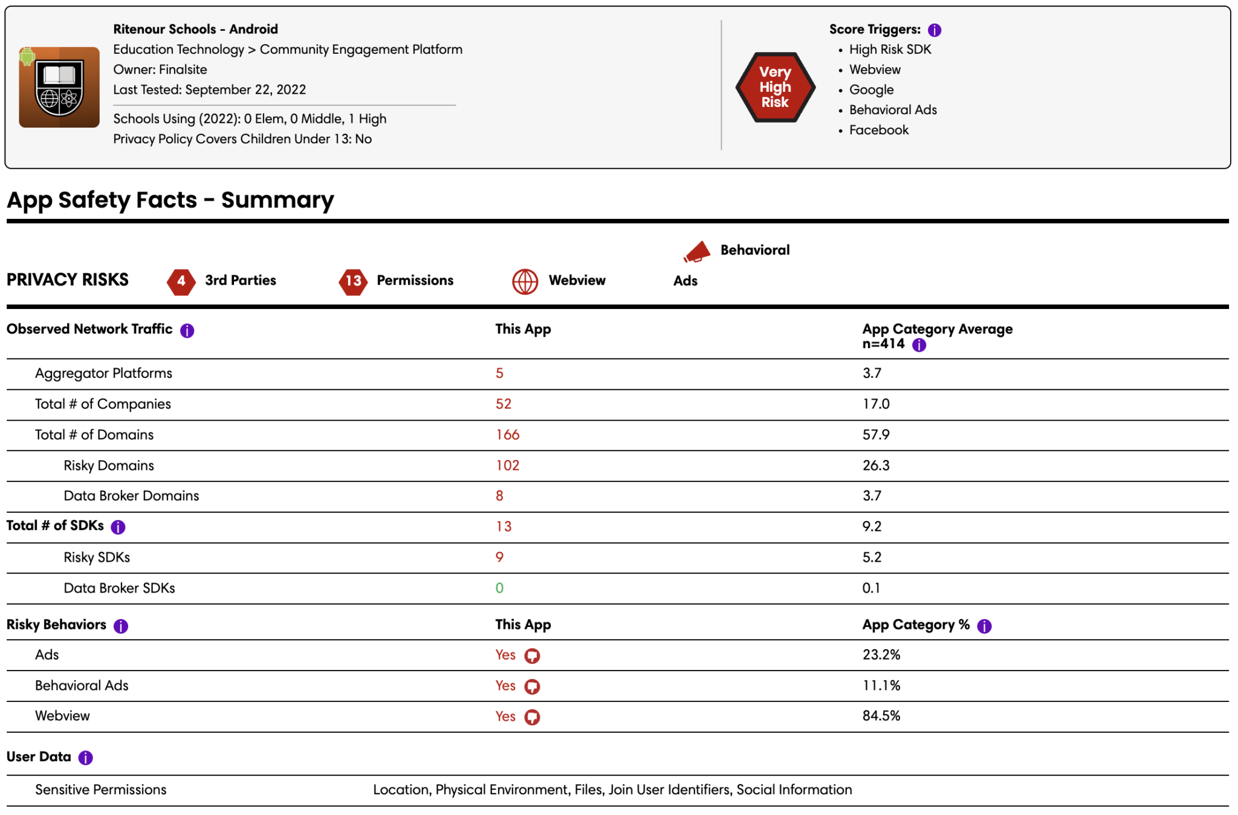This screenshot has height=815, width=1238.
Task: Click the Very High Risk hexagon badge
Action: click(x=775, y=87)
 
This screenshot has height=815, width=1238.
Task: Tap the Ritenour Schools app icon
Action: click(x=59, y=87)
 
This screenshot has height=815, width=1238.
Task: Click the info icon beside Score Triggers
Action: click(x=935, y=30)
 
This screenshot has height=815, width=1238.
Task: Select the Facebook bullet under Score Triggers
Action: click(x=879, y=130)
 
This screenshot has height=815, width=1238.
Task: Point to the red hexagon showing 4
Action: click(x=181, y=281)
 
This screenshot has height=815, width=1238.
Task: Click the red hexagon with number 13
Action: click(x=353, y=281)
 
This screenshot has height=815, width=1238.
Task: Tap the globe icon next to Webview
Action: click(x=525, y=281)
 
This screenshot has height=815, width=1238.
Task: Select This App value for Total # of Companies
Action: click(x=504, y=404)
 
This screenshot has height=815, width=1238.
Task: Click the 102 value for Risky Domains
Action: click(x=508, y=466)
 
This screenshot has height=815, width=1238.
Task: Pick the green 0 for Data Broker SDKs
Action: click(x=499, y=588)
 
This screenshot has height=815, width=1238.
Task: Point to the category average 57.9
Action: click(x=876, y=435)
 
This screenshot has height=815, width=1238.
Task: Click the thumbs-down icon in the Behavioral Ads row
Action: click(x=532, y=687)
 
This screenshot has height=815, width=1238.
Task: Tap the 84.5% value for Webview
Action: click(x=881, y=716)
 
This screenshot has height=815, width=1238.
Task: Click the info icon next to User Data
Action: click(x=86, y=758)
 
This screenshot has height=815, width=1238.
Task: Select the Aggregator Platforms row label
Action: click(x=103, y=373)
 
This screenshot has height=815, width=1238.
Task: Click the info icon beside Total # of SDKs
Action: click(x=118, y=527)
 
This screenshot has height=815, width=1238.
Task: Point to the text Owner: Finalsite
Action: click(x=160, y=70)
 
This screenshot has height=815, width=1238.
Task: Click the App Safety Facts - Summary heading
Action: click(x=170, y=200)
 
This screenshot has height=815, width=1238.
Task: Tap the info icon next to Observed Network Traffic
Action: click(x=187, y=331)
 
